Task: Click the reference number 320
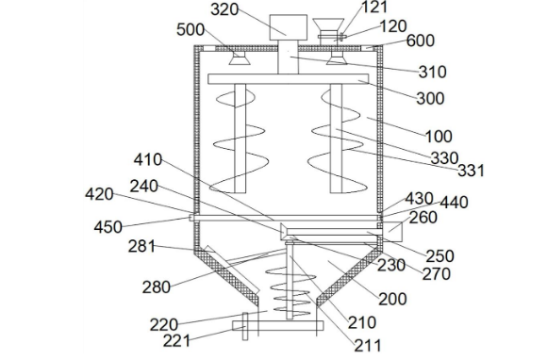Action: [224, 9]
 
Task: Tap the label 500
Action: [191, 29]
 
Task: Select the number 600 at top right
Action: [421, 41]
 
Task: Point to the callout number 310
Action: [433, 72]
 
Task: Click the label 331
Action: [471, 171]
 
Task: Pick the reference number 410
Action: [148, 159]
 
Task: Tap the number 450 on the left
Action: [108, 227]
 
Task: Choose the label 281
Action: [141, 247]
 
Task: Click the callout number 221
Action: [176, 340]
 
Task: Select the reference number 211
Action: [368, 346]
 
